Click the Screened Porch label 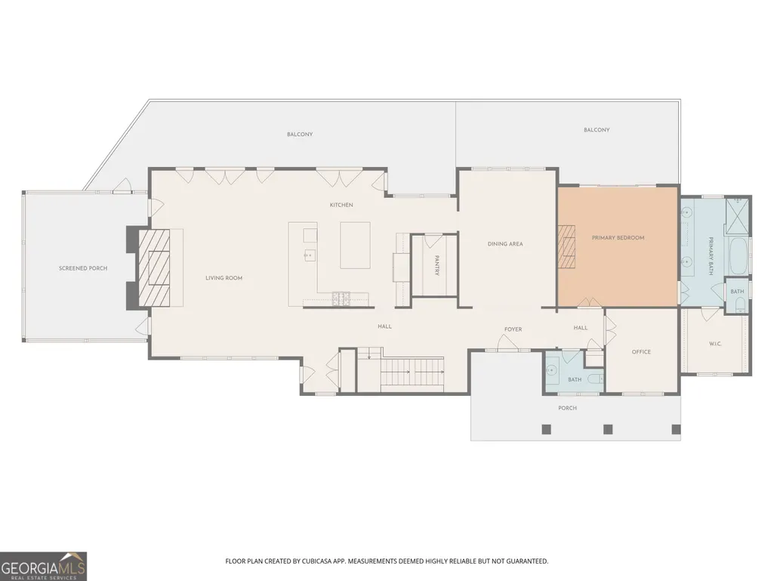83,268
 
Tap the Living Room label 224,278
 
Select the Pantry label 437,265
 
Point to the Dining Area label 505,244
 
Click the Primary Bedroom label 618,238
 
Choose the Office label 641,352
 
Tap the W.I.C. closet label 715,344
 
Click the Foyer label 513,329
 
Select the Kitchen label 341,205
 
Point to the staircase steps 412,372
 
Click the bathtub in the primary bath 739,256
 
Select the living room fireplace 153,268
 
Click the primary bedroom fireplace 567,246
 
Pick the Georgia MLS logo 43,566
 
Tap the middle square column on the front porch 608,429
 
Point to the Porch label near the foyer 568,408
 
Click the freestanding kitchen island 355,245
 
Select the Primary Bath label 711,256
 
